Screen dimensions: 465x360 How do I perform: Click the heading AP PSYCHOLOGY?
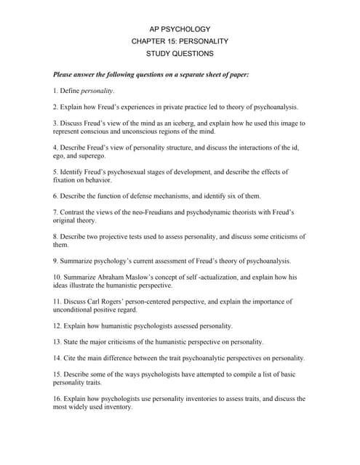click(x=179, y=28)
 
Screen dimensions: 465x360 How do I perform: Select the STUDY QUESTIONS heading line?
click(x=179, y=54)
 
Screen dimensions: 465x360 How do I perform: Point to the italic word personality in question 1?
click(x=97, y=91)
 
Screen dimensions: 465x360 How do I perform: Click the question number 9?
click(x=56, y=260)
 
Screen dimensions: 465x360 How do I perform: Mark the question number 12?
click(x=57, y=325)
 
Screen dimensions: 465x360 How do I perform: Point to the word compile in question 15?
click(x=254, y=374)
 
